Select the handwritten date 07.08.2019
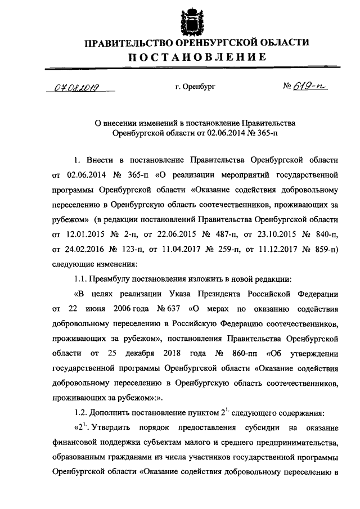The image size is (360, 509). click(x=75, y=87)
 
